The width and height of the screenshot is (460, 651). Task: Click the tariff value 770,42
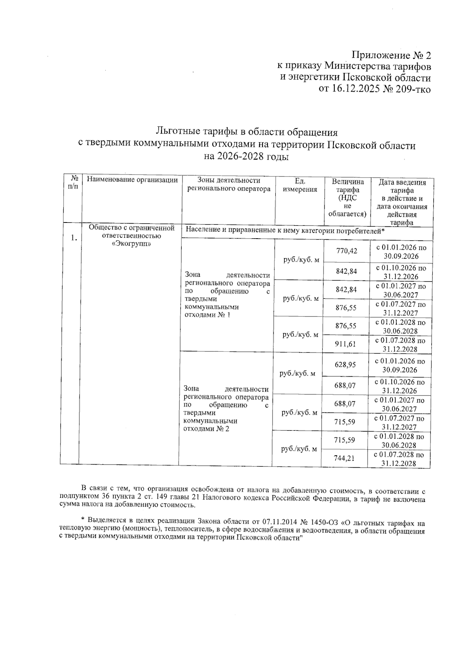click(x=347, y=251)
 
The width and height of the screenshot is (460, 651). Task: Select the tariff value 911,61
click(x=346, y=344)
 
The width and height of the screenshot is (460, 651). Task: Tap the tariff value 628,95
click(x=345, y=364)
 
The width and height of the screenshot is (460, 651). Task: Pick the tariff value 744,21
click(x=344, y=458)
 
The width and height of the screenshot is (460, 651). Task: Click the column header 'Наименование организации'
click(x=132, y=180)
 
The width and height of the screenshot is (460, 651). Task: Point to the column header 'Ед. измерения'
click(x=300, y=185)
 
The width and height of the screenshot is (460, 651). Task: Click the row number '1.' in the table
click(x=74, y=238)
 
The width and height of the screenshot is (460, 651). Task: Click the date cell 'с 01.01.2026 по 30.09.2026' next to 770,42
click(x=401, y=252)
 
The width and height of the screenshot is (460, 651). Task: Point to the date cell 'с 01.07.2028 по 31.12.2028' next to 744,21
click(x=399, y=459)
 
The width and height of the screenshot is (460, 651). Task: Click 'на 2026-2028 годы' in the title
click(x=246, y=157)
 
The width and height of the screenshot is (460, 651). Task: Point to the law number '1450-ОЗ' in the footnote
click(x=326, y=522)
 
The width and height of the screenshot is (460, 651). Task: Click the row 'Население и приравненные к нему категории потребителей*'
click(x=285, y=231)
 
